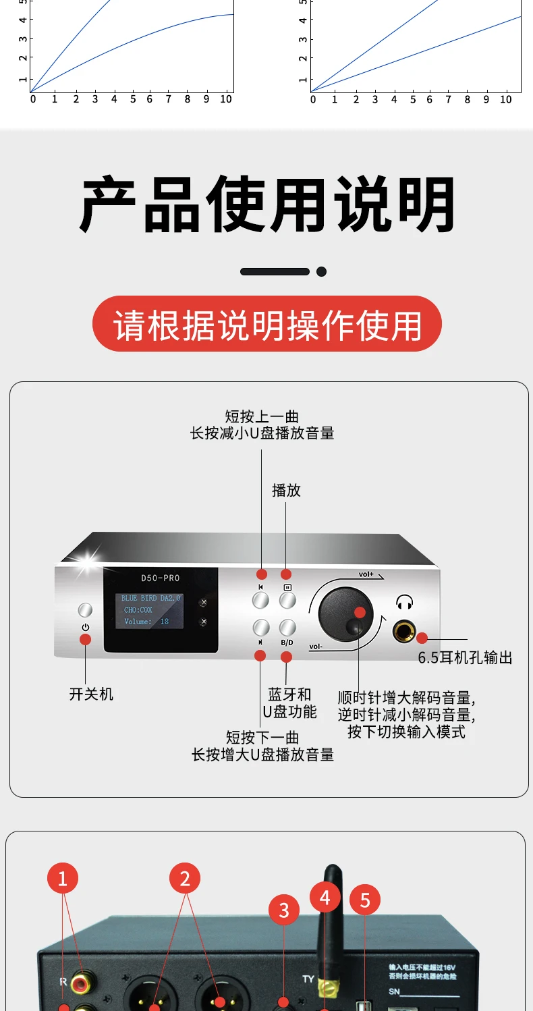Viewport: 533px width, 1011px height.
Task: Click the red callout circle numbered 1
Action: point(63,878)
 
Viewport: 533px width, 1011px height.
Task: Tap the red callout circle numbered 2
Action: point(185,878)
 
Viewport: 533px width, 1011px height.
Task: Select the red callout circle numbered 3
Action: point(284,910)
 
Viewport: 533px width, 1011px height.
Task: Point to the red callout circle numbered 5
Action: point(365,900)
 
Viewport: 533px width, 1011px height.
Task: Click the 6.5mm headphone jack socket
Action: point(405,632)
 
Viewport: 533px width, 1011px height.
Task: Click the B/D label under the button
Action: point(287,643)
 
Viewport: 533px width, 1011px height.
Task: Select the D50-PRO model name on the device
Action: point(161,578)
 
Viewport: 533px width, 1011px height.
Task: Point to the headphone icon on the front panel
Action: point(405,603)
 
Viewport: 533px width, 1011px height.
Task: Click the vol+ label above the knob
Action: point(366,574)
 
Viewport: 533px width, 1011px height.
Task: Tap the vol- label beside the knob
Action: point(316,647)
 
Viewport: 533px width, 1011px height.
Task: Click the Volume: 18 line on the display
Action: point(146,622)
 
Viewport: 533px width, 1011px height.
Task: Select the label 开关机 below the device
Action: point(91,694)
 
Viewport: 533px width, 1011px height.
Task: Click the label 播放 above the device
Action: point(286,491)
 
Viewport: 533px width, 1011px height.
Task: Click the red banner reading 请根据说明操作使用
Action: point(266,325)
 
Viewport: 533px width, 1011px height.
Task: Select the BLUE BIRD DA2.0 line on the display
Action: point(150,598)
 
